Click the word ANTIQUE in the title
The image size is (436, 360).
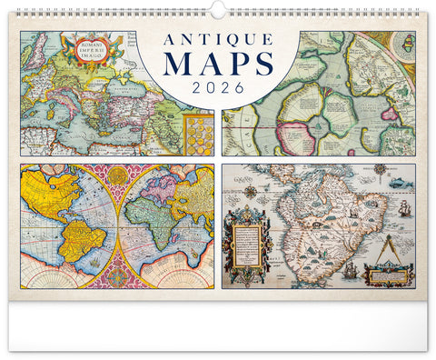click(218, 41)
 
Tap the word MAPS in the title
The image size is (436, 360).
click(218, 65)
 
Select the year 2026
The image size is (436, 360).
click(218, 88)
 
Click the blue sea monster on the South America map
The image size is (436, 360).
click(402, 183)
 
